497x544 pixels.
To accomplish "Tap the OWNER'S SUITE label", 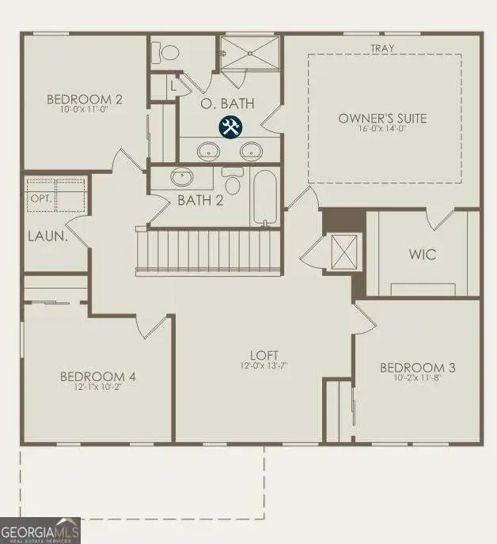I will [x=382, y=119].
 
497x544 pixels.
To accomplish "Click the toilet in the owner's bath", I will [x=167, y=51].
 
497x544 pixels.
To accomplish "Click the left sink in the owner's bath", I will [x=209, y=149].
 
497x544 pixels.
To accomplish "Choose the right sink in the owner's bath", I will [x=252, y=149].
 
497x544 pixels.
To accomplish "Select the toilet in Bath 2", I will [x=233, y=182].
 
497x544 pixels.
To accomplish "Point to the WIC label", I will [x=422, y=255].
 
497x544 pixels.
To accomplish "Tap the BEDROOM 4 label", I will [x=97, y=376].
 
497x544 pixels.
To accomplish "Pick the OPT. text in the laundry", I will [x=40, y=198].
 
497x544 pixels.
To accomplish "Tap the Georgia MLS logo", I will [x=40, y=530].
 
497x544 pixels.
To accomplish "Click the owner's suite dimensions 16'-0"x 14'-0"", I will [x=382, y=130].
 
